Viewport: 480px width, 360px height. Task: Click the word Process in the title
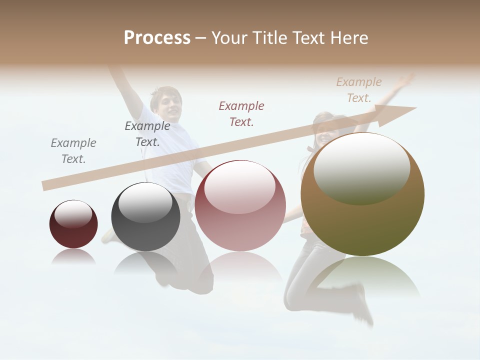coord(157,38)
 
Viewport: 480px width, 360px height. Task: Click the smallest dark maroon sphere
coord(73,224)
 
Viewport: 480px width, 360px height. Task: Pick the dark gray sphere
coord(145,217)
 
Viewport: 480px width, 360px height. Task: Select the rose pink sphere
coord(240,205)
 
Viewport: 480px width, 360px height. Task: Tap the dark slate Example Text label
coord(147,134)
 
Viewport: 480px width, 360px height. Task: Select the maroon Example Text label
coord(241,113)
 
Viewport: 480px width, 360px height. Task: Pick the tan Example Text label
coord(359,90)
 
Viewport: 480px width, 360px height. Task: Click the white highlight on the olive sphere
coord(362,168)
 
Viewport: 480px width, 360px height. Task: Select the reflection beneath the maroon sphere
coord(73,256)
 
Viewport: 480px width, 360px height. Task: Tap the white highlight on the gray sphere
coord(145,202)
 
